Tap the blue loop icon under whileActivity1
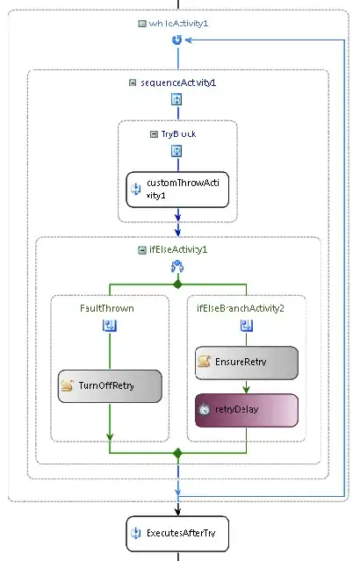(x=177, y=40)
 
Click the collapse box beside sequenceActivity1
(x=133, y=83)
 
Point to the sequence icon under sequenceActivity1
(x=177, y=99)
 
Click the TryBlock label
(x=183, y=133)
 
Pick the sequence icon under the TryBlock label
(x=177, y=151)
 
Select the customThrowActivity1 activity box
(x=177, y=189)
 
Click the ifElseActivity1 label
(x=178, y=249)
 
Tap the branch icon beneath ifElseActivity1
(x=177, y=267)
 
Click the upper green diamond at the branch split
(x=177, y=285)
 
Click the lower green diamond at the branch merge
(x=177, y=453)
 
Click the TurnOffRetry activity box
(x=110, y=385)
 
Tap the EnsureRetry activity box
(x=246, y=361)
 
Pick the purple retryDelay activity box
(x=246, y=408)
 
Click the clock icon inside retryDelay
(x=204, y=408)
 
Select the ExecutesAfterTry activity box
(x=177, y=533)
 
